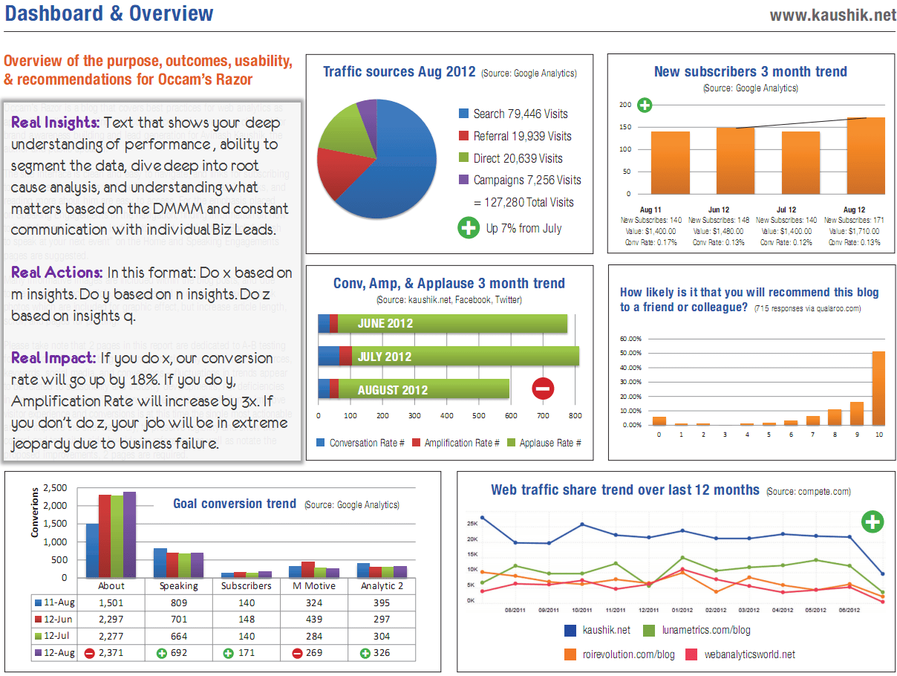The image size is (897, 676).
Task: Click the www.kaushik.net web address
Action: click(x=832, y=15)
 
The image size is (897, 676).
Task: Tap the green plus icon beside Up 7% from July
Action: click(x=468, y=228)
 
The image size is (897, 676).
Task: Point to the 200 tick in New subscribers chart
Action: click(x=625, y=105)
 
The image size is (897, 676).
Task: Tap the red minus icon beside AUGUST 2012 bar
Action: click(x=543, y=389)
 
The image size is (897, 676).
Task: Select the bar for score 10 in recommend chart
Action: click(x=878, y=388)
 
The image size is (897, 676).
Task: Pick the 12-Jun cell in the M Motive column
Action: click(x=313, y=620)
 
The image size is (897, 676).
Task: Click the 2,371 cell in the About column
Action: click(x=111, y=653)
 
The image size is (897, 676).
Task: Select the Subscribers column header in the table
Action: click(x=247, y=586)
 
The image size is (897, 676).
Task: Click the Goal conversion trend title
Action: click(x=235, y=504)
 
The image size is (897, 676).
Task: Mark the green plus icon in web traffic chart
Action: click(x=872, y=521)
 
